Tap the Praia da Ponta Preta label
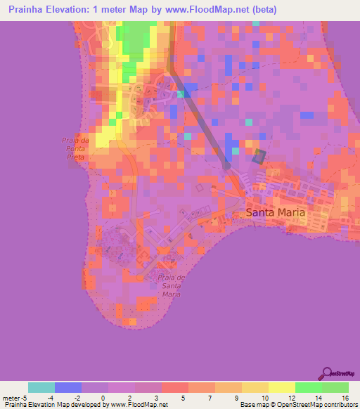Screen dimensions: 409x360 (x=73, y=149)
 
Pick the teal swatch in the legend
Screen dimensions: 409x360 (x=41, y=387)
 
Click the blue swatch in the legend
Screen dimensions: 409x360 (x=68, y=387)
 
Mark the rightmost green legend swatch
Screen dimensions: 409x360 (x=335, y=387)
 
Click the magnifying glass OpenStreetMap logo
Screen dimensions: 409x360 (x=327, y=373)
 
